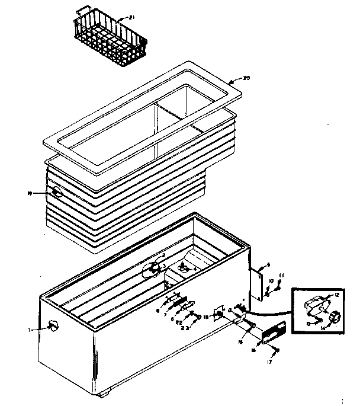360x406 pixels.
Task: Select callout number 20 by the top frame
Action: point(247,78)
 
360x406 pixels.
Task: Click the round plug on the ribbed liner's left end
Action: point(57,193)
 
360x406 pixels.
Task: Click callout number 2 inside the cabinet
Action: point(155,255)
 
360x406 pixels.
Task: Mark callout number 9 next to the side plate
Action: point(268,266)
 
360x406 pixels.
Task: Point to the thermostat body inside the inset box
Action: point(317,306)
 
